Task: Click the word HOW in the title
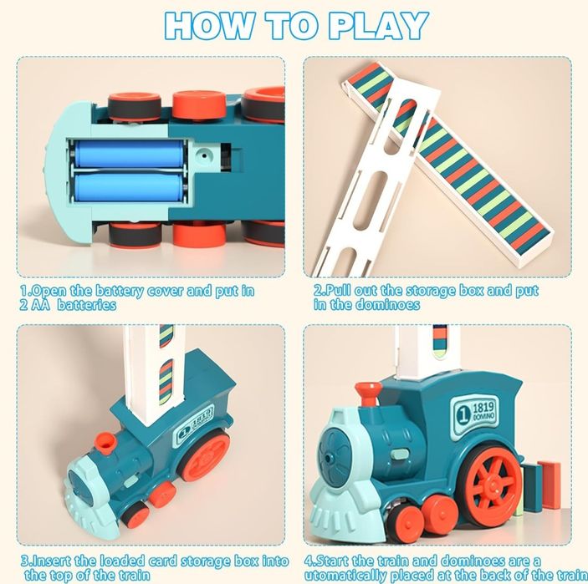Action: coord(209,25)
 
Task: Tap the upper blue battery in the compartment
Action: coord(130,154)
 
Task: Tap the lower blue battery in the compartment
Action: coord(130,187)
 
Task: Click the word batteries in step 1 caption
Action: coord(87,305)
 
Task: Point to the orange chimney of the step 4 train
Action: coord(367,394)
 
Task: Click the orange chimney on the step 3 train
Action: coord(106,443)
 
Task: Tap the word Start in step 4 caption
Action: coord(332,561)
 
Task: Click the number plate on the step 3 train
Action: coord(193,424)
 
